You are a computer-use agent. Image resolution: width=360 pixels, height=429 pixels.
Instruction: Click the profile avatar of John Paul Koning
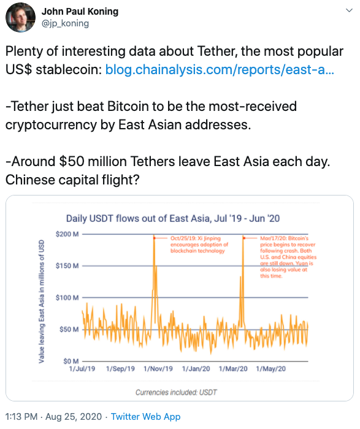tap(20, 18)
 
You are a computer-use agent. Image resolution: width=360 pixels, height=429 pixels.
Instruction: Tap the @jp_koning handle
tap(65, 23)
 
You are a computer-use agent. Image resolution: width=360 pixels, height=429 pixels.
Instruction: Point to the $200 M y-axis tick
tap(67, 234)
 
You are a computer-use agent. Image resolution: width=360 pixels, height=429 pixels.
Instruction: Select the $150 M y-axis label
tap(67, 266)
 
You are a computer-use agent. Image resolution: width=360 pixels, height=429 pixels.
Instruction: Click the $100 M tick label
tap(67, 298)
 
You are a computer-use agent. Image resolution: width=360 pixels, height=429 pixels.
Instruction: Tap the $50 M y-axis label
tap(69, 330)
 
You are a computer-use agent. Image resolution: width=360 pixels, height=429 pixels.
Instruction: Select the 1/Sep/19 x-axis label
tap(120, 370)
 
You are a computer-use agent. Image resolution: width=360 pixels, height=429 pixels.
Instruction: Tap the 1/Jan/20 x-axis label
tap(196, 370)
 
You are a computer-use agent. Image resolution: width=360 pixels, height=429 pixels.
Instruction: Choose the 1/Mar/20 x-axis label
tap(233, 370)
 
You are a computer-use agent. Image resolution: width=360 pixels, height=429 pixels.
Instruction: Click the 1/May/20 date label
tap(271, 370)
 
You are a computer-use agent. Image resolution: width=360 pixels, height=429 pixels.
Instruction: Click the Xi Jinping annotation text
tap(191, 244)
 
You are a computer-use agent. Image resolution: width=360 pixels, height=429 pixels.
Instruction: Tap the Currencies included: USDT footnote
tap(176, 392)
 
